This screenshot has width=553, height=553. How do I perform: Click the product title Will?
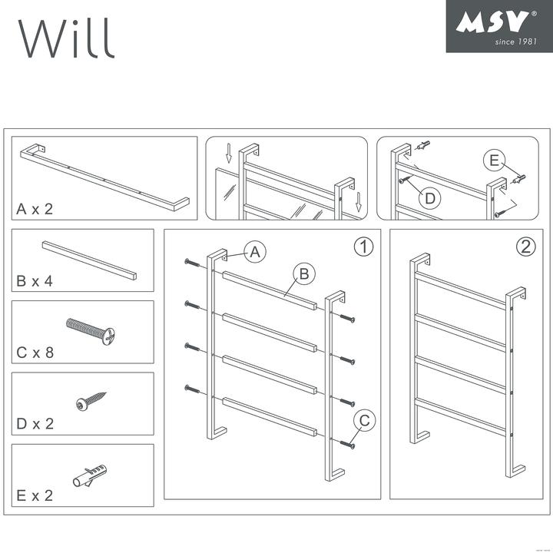(x=67, y=36)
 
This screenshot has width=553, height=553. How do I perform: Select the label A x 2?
(x=35, y=209)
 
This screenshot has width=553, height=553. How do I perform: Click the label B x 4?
(x=35, y=281)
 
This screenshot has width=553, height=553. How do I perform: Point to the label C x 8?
(x=35, y=353)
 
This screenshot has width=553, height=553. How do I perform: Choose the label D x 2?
(x=35, y=424)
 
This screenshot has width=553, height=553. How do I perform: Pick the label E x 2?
(x=35, y=495)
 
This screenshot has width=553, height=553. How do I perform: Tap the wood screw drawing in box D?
(x=91, y=400)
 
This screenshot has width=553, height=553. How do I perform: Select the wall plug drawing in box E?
(x=90, y=473)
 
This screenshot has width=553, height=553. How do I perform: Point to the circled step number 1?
(x=363, y=247)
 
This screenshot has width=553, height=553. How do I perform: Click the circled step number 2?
(x=525, y=247)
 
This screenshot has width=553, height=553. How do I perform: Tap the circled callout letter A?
(x=256, y=251)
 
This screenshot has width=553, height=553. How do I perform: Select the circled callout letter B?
(x=303, y=273)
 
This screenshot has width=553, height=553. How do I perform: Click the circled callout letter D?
(x=431, y=197)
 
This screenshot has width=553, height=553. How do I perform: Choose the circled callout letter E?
(x=495, y=161)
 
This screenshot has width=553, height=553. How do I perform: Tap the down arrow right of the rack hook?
(x=358, y=201)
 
